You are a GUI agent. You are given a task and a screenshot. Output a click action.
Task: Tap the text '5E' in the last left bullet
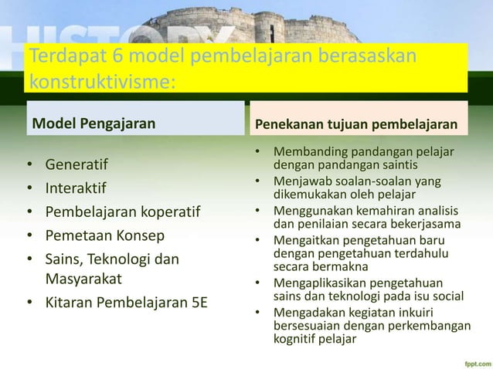[199, 302]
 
